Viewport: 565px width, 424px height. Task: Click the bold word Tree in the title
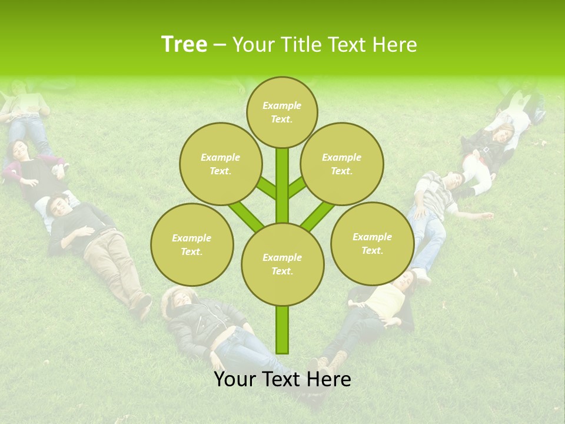click(x=184, y=45)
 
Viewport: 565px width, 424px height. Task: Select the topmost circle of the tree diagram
click(x=282, y=112)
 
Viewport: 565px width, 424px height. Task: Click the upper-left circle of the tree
click(x=220, y=164)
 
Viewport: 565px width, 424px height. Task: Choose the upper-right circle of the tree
click(x=341, y=164)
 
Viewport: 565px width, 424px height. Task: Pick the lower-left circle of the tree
click(x=192, y=244)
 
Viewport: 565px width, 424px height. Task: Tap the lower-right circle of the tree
click(x=372, y=243)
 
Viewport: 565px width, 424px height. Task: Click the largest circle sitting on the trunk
click(x=282, y=264)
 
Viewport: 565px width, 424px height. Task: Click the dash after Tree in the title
click(x=220, y=45)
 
